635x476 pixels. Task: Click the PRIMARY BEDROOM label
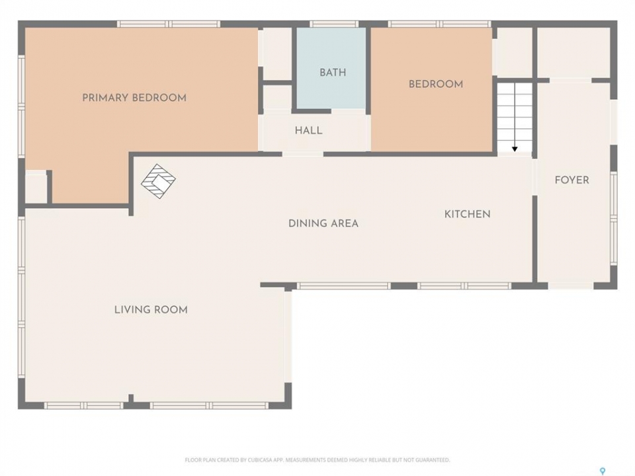tap(134, 98)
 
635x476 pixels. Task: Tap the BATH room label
tap(333, 73)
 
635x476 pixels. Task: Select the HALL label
tap(309, 131)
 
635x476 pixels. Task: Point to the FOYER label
tap(571, 180)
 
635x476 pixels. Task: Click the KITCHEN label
tap(468, 214)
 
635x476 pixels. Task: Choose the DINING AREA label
tap(323, 223)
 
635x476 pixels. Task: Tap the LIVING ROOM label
tap(151, 309)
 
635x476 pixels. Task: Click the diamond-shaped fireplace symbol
tap(158, 181)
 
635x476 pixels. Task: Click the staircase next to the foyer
tap(515, 118)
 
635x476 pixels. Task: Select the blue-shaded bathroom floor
tap(331, 68)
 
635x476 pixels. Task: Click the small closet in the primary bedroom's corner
tap(36, 186)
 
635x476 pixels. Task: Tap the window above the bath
tap(333, 24)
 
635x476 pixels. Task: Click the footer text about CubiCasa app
tap(317, 460)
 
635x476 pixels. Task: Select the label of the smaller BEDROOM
tap(436, 84)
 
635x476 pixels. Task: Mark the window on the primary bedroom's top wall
tap(169, 24)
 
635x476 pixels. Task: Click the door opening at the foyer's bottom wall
tap(571, 286)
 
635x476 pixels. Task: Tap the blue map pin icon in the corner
tap(603, 471)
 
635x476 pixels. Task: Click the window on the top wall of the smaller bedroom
tap(439, 24)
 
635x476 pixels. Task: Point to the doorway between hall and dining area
tap(302, 154)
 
